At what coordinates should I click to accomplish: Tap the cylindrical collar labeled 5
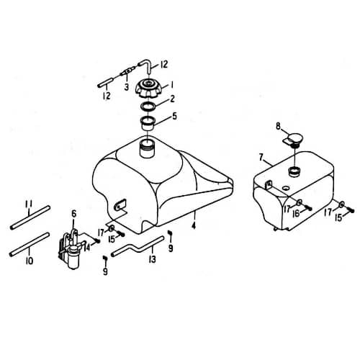(x=148, y=119)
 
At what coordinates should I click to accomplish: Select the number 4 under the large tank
(x=194, y=225)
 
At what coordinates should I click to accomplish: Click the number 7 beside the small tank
(x=261, y=157)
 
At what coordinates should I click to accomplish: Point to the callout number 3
(x=126, y=86)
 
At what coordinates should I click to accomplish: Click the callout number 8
(x=278, y=125)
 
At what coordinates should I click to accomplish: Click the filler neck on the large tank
(x=148, y=149)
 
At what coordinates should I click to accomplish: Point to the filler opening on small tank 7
(x=294, y=171)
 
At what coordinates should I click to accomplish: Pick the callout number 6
(x=73, y=213)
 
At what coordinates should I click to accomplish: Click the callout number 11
(x=30, y=204)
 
